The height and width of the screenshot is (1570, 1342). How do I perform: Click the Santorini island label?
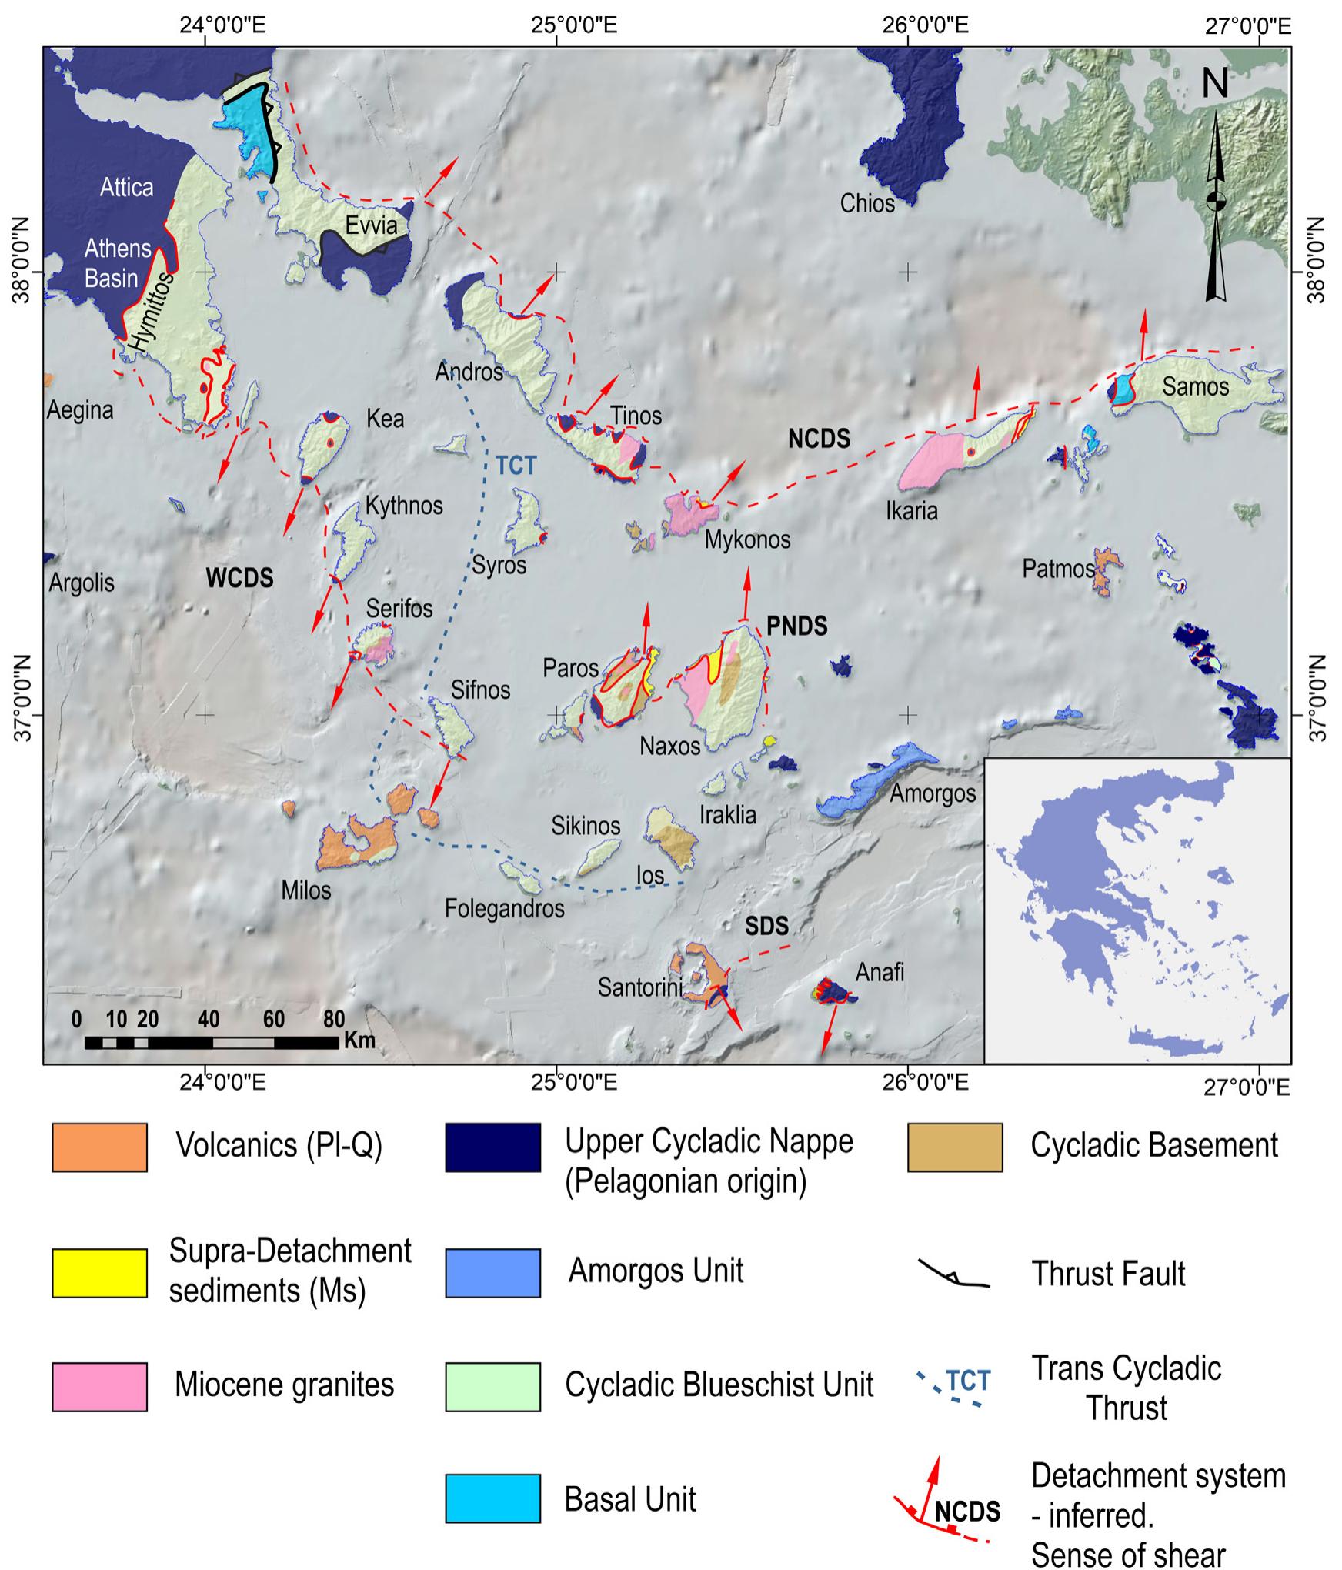pos(640,987)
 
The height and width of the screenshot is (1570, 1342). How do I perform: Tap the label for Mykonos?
pos(747,539)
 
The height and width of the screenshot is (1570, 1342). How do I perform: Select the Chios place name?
pos(867,203)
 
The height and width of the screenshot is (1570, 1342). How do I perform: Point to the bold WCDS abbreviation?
pos(239,578)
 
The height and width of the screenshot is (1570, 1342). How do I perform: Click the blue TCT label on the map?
pos(516,466)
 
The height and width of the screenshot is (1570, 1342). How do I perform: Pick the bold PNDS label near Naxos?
pos(797,626)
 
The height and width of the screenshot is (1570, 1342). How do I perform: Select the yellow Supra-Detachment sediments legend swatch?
pos(99,1273)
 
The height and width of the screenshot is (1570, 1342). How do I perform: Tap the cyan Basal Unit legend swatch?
pos(492,1498)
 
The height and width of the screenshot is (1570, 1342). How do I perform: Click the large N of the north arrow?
pos(1215,83)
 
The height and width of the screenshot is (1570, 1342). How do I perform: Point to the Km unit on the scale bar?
pos(359,1041)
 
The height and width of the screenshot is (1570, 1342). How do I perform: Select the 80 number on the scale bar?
pos(333,1020)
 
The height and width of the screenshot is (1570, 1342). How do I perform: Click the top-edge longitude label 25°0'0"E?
pos(575,25)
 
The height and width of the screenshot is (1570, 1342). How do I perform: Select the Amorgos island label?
pos(932,793)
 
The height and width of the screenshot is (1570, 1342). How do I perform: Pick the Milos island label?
pos(305,890)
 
